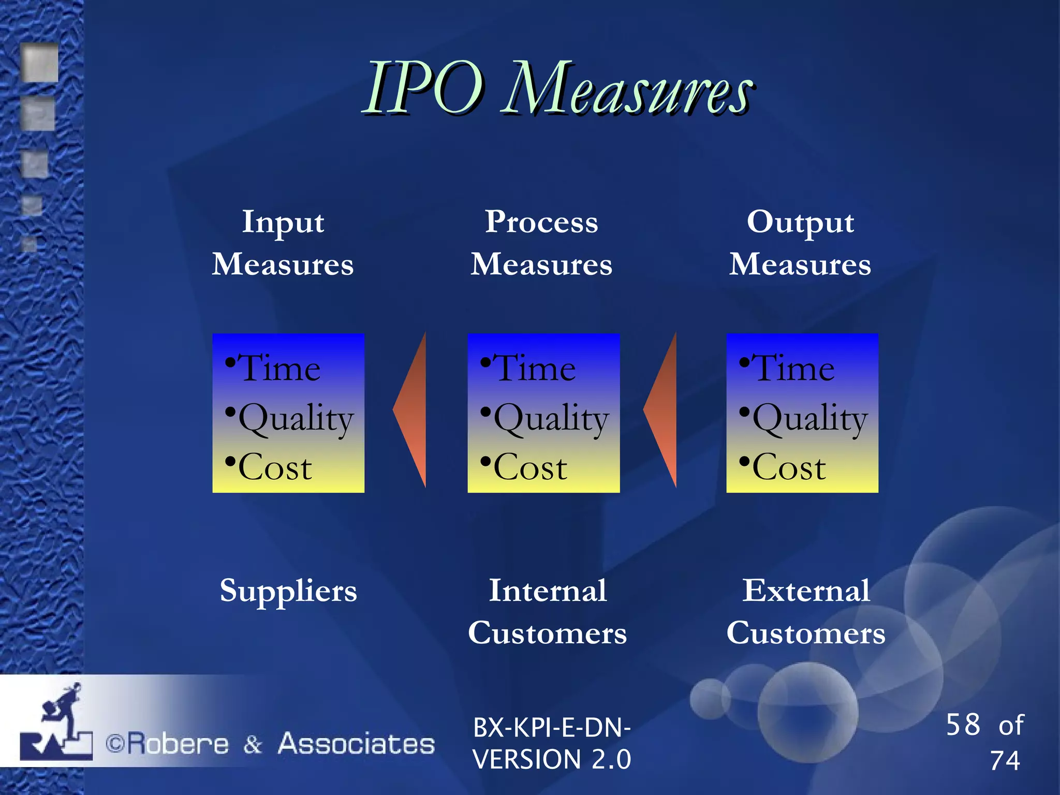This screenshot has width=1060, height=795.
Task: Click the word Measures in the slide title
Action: (x=627, y=89)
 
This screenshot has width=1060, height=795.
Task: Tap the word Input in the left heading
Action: (x=283, y=223)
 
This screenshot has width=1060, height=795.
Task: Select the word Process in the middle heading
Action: (x=541, y=223)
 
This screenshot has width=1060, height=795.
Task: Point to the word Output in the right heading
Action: (x=800, y=223)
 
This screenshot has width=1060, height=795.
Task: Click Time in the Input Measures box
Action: (x=279, y=369)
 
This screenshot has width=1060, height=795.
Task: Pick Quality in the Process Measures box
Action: (x=551, y=418)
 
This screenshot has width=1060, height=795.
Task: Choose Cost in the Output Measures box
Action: (x=789, y=467)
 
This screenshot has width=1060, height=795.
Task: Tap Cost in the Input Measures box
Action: (x=275, y=467)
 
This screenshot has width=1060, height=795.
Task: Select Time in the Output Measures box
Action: (x=793, y=369)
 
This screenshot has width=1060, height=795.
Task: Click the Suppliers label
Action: (x=288, y=591)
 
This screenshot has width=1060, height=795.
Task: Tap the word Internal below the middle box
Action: (x=548, y=591)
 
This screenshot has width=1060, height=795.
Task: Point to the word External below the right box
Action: (x=806, y=591)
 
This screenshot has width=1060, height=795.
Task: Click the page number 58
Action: (x=963, y=725)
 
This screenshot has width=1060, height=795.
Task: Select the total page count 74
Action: (x=1005, y=761)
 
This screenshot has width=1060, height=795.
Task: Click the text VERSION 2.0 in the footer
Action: (x=552, y=760)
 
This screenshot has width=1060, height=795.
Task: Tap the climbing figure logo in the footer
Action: (x=57, y=722)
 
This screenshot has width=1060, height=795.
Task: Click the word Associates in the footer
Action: (x=356, y=744)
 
